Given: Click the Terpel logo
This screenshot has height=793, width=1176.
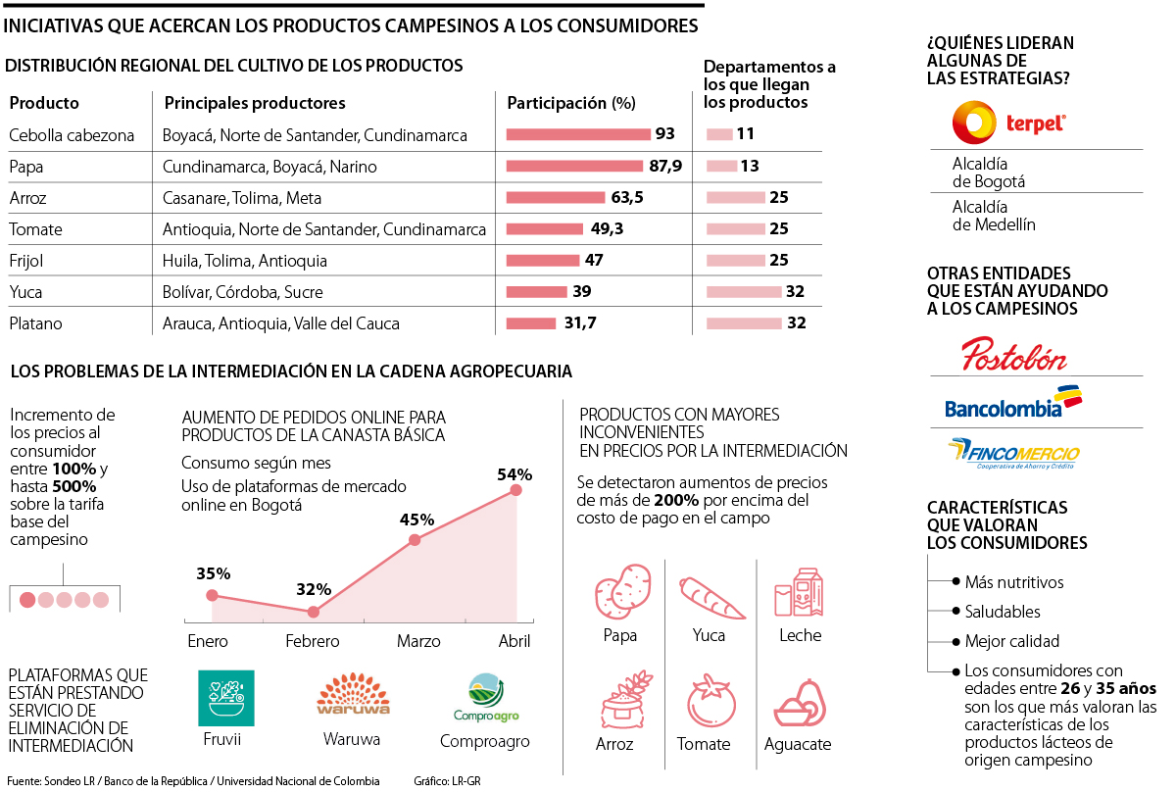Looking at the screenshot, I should (1009, 124).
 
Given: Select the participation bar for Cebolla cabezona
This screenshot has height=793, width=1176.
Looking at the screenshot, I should (578, 134).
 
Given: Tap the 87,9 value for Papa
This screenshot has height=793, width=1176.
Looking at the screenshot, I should (665, 166).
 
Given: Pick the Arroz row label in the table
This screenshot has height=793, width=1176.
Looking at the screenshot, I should (28, 198).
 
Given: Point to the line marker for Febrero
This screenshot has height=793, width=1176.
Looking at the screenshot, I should (313, 612).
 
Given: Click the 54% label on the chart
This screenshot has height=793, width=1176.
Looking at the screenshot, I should (514, 474).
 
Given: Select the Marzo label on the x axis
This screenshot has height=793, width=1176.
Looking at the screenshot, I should (418, 641).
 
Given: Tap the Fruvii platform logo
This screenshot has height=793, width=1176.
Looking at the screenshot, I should (225, 698).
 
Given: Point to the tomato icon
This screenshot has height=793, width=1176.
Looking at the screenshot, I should (704, 702).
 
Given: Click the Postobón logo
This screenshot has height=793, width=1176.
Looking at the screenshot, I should (1013, 353).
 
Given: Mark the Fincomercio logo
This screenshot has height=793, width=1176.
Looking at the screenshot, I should (1013, 454).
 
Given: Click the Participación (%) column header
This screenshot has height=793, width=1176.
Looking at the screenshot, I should (571, 103).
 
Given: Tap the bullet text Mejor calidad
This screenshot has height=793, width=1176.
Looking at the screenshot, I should (1011, 642).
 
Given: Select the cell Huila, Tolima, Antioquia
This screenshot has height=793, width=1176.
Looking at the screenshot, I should (245, 261).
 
